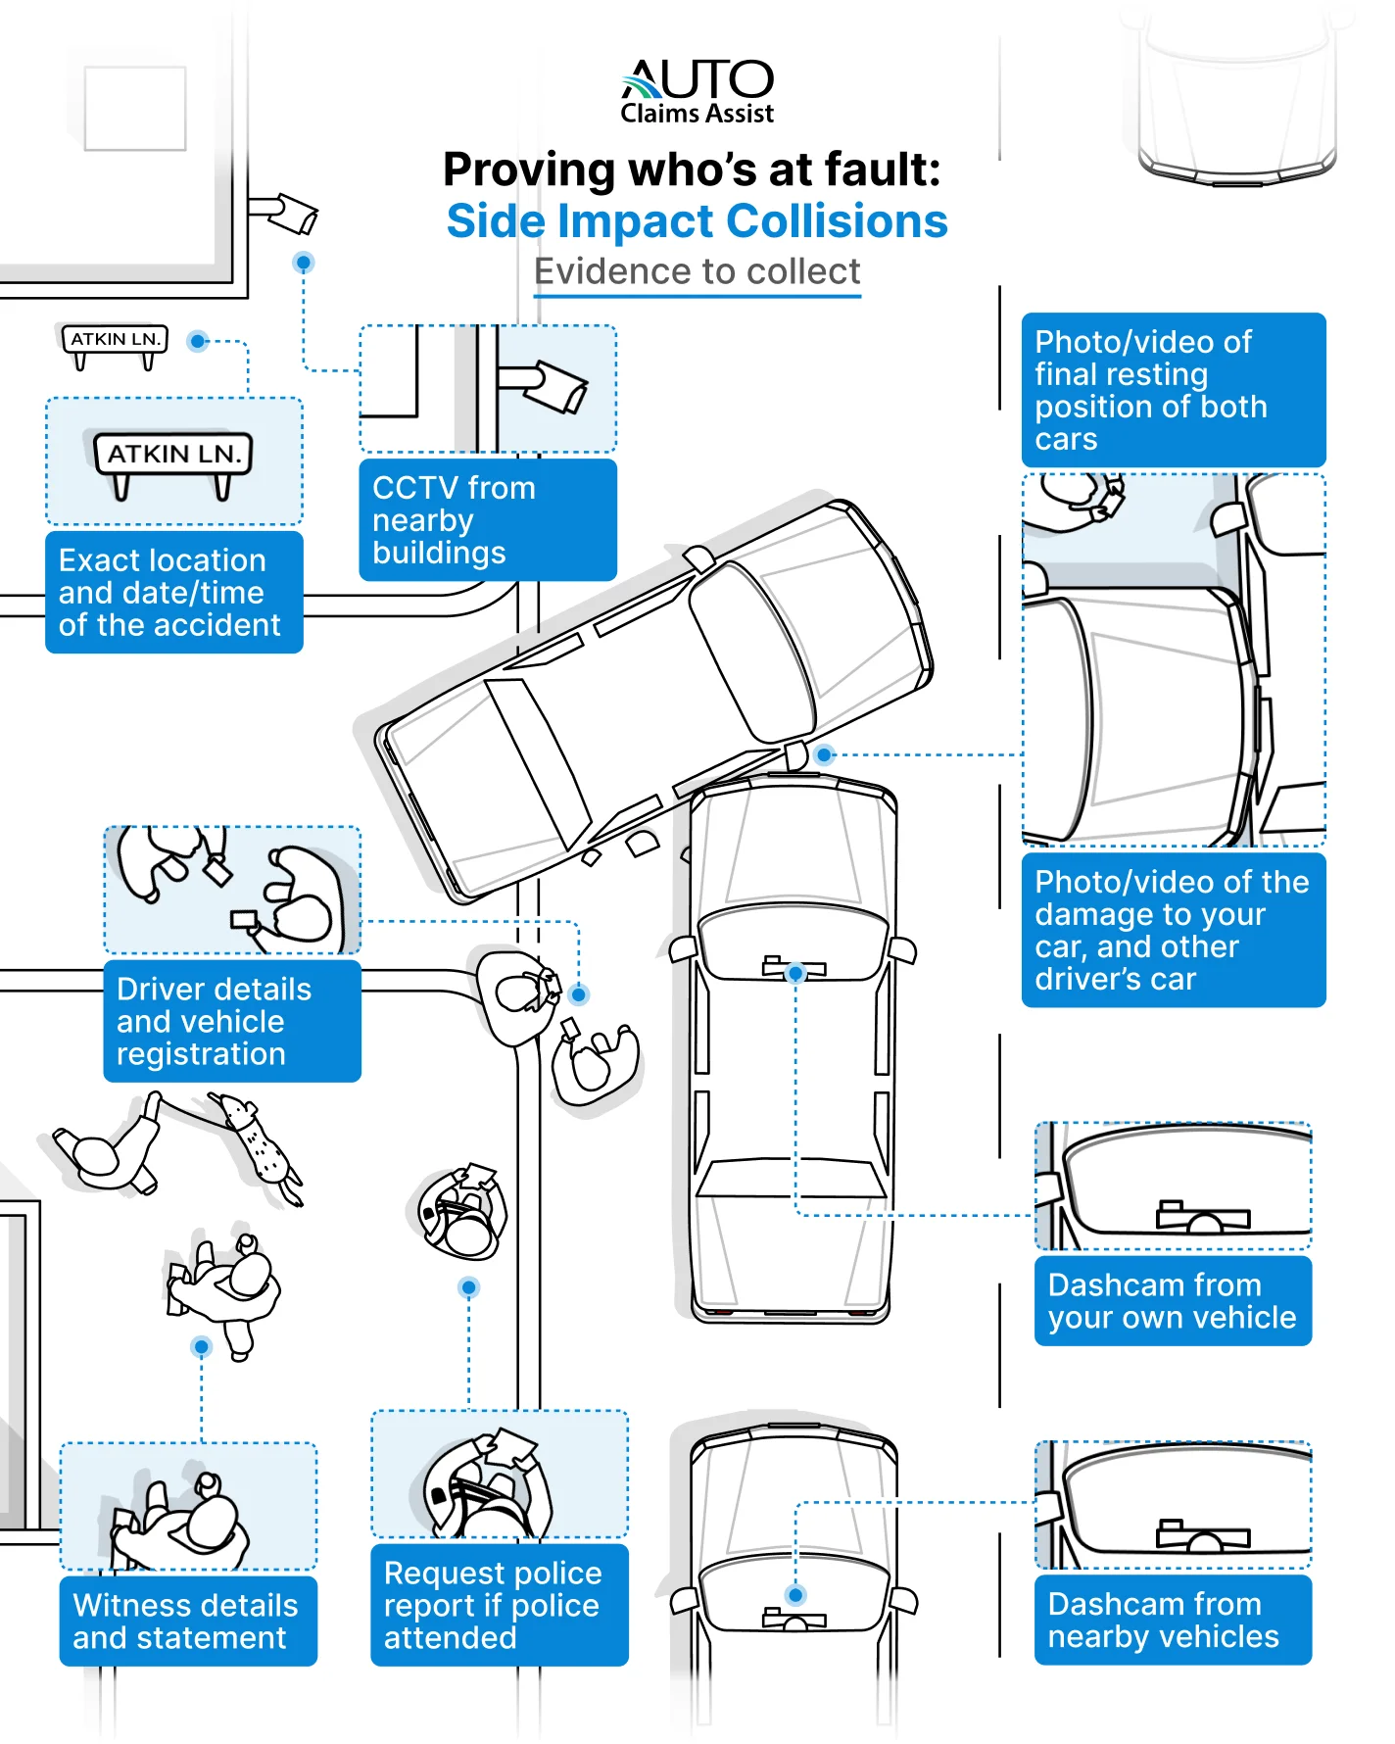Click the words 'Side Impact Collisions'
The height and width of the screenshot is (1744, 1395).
[x=697, y=221]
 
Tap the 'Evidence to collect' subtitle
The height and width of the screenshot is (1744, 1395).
[x=697, y=271]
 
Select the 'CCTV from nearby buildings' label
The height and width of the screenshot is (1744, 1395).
[x=488, y=520]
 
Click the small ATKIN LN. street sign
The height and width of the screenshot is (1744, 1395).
[x=116, y=340]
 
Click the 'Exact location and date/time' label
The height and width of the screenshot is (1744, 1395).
[x=173, y=593]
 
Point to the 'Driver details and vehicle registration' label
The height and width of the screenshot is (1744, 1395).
[x=231, y=1021]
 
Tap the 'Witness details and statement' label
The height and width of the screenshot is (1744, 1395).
[x=187, y=1622]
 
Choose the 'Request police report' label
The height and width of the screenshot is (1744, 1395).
[x=499, y=1605]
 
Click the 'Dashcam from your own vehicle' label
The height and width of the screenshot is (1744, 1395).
[x=1172, y=1301]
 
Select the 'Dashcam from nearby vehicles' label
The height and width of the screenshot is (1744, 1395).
[x=1172, y=1620]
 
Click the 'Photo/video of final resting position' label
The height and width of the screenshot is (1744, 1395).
[x=1173, y=390]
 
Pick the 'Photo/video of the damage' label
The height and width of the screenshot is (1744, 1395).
[x=1173, y=930]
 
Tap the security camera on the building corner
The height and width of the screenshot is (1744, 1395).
[x=290, y=213]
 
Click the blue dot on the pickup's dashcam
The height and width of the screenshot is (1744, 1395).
[x=795, y=973]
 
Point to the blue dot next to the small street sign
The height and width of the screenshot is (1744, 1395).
[x=199, y=341]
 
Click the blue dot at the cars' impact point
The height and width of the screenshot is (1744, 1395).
[x=824, y=754]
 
